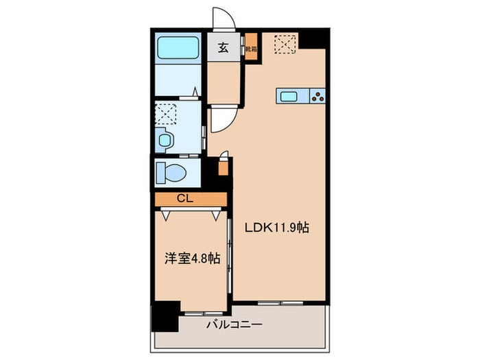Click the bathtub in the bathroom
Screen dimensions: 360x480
179,48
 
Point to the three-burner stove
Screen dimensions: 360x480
318,96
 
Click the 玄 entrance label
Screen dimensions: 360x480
224,48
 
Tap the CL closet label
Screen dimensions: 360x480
184,199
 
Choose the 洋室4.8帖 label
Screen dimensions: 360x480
191,259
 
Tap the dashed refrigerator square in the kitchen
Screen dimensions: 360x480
285,44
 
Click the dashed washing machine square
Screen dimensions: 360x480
167,112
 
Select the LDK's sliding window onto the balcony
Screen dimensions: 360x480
281,302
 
